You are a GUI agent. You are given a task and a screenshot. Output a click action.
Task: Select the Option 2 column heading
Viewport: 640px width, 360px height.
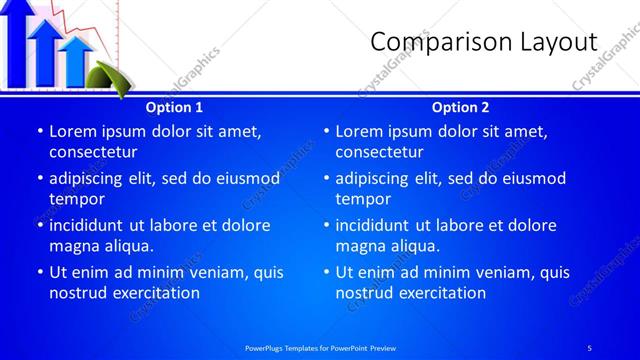460,107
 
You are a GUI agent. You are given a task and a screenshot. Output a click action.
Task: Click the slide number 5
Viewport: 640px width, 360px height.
589,347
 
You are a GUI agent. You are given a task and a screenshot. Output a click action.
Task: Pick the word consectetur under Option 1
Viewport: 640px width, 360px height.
93,152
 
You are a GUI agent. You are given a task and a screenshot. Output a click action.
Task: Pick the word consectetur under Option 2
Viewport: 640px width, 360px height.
379,152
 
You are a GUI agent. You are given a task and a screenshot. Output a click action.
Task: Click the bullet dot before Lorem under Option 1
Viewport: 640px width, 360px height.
40,131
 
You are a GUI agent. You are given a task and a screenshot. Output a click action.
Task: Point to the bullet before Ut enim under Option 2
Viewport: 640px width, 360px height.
326,272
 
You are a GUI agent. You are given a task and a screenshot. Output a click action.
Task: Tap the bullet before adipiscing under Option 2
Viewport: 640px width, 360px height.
326,179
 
